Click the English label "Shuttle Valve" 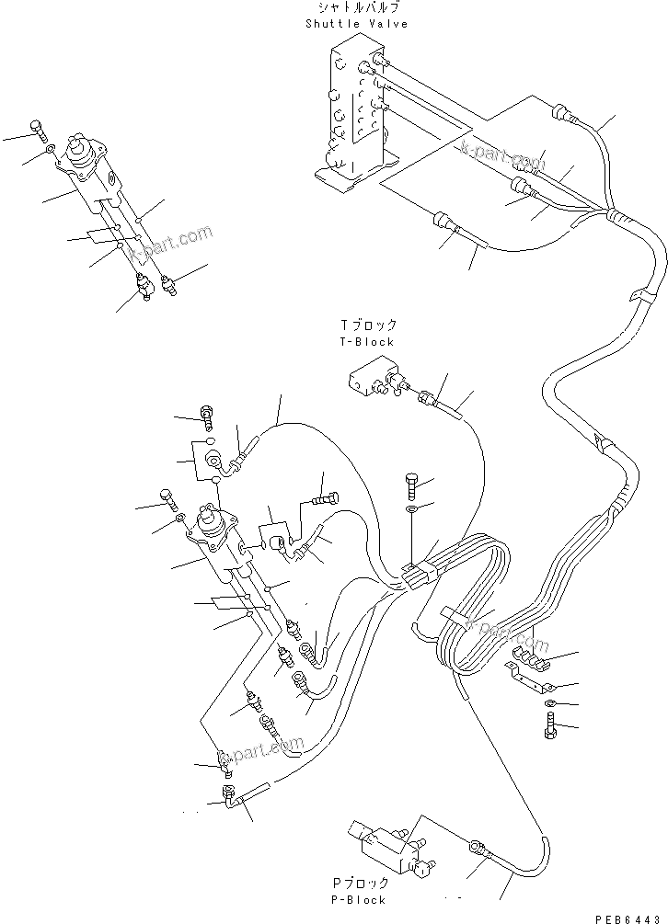[356, 24]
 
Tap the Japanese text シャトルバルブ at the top [356, 8]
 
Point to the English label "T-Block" [367, 341]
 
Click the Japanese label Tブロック [367, 325]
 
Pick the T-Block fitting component [372, 377]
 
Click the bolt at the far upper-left [37, 128]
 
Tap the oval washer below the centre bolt [411, 508]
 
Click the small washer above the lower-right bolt [549, 704]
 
